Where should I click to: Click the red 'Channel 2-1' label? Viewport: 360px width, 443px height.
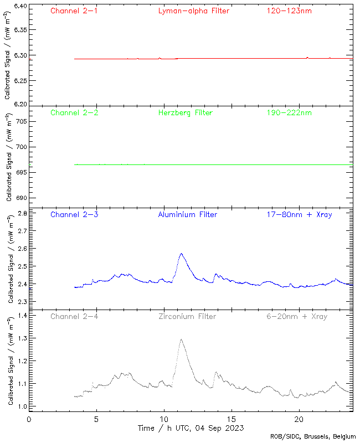pyautogui.click(x=74, y=11)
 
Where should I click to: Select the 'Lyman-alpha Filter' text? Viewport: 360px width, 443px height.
pyautogui.click(x=193, y=11)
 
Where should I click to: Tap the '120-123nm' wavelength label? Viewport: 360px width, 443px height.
pyautogui.click(x=289, y=11)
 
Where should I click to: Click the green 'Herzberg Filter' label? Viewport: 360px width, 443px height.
pyautogui.click(x=186, y=112)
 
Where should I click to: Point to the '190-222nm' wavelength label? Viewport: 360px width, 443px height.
pyautogui.click(x=289, y=112)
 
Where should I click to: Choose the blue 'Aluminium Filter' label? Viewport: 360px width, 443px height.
pyautogui.click(x=187, y=214)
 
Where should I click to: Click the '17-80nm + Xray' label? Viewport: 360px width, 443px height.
pyautogui.click(x=299, y=214)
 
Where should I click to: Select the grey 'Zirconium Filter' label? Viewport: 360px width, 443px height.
pyautogui.click(x=187, y=316)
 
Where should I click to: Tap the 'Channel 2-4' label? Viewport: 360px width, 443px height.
pyautogui.click(x=74, y=316)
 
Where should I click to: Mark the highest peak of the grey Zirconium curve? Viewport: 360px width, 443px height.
pyautogui.click(x=181, y=339)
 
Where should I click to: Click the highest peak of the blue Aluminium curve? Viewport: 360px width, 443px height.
pyautogui.click(x=181, y=254)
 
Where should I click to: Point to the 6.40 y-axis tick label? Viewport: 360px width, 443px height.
pyautogui.click(x=19, y=7)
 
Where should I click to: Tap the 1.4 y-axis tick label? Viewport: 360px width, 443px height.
pyautogui.click(x=22, y=315)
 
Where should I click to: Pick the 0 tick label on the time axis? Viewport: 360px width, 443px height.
pyautogui.click(x=29, y=419)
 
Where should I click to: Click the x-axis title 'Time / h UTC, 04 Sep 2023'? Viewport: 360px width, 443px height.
pyautogui.click(x=191, y=428)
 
